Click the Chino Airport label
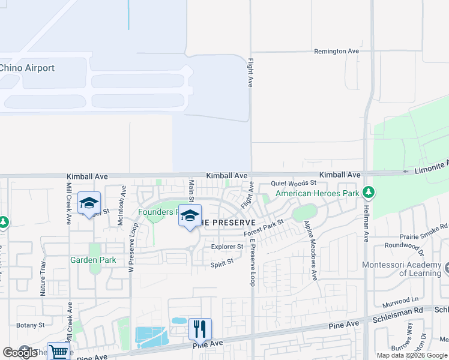[27, 68]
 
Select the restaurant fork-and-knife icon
[200, 329]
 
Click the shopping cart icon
[58, 352]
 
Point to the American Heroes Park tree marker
[369, 193]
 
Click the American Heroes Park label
[317, 193]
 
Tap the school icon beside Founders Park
[190, 216]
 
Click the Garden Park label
[93, 260]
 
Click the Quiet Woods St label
[294, 182]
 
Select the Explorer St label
[227, 247]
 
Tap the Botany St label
[31, 325]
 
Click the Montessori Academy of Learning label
[402, 269]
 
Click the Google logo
[20, 353]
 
